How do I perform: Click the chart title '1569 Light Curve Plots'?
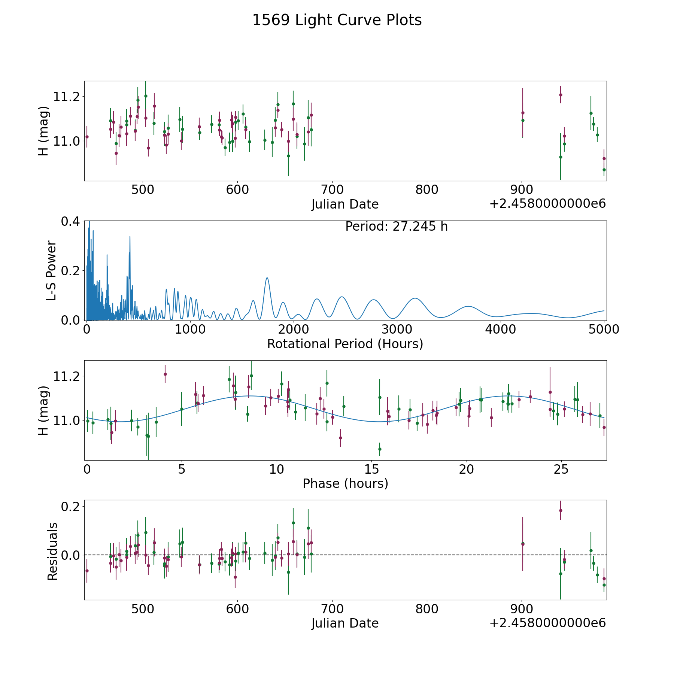click(x=337, y=20)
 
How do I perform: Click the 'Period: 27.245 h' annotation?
click(x=396, y=227)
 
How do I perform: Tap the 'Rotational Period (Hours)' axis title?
click(x=345, y=344)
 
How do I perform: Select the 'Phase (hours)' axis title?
click(x=345, y=483)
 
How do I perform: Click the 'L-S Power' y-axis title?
click(x=51, y=271)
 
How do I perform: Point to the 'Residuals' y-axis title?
click(x=52, y=552)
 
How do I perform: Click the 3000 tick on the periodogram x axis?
click(x=397, y=329)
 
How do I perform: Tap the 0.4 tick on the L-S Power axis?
click(x=70, y=221)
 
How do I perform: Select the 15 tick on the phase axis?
click(x=371, y=469)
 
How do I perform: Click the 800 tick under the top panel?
click(x=427, y=190)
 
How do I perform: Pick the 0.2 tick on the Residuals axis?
click(x=70, y=507)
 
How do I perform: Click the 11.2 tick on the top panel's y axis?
click(x=67, y=97)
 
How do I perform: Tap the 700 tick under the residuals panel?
click(x=332, y=609)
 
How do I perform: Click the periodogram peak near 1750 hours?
click(x=267, y=278)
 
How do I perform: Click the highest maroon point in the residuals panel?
click(x=561, y=510)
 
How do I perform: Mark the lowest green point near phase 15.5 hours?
click(x=380, y=449)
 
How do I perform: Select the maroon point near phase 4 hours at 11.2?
click(x=165, y=374)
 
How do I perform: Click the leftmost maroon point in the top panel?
click(x=87, y=137)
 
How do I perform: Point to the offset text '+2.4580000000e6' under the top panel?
click(x=547, y=204)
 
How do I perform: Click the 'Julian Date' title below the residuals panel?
click(x=345, y=623)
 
